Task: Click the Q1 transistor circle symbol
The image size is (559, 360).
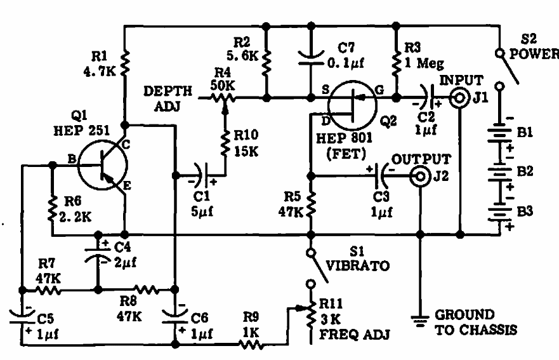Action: [x=102, y=166]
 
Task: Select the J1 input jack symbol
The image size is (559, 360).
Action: [x=458, y=98]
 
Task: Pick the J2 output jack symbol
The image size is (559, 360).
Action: [x=419, y=178]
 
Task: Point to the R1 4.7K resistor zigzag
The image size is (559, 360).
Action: [x=125, y=62]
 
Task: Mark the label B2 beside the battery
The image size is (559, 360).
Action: [x=526, y=171]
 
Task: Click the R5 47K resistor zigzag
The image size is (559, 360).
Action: [x=311, y=204]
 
